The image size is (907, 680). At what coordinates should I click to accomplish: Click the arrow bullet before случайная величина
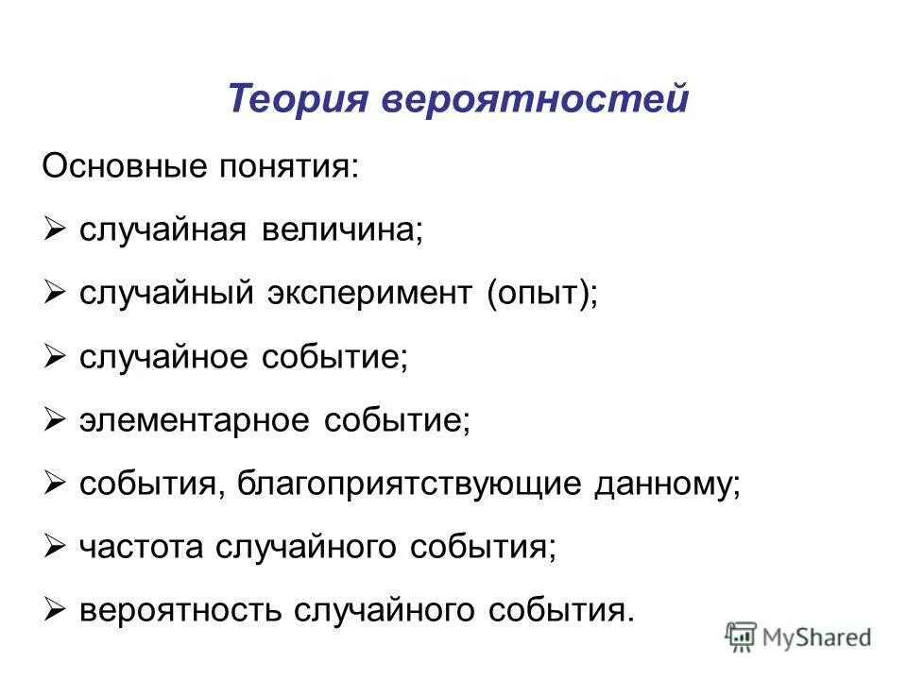tap(54, 229)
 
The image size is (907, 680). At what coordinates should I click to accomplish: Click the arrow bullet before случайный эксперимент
tap(54, 293)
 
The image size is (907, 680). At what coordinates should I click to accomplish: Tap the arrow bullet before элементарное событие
tap(54, 420)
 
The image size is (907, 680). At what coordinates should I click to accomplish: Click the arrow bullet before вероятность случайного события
tap(54, 610)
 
